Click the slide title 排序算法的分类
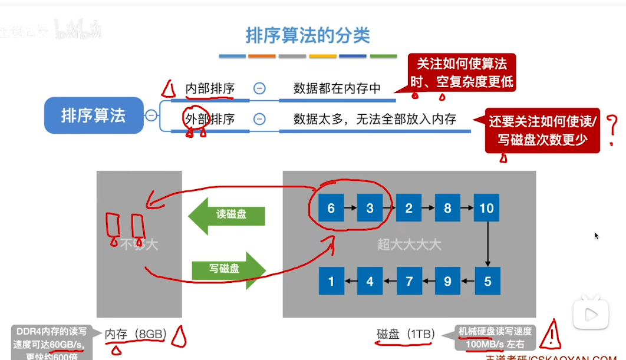tap(308, 35)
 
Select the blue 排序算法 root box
tap(93, 115)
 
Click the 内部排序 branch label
tap(209, 88)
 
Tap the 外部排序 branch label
tap(209, 119)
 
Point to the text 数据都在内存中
tap(337, 89)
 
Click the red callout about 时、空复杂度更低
tap(462, 72)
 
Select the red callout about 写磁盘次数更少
tap(542, 130)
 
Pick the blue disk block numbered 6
tap(331, 209)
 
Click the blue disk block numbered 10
tap(487, 209)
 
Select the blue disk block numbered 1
tap(331, 282)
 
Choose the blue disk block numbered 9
tap(448, 282)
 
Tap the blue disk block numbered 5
tap(487, 282)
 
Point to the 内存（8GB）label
tap(136, 335)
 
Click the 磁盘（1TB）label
tap(406, 335)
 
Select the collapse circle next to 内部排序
tap(259, 88)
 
